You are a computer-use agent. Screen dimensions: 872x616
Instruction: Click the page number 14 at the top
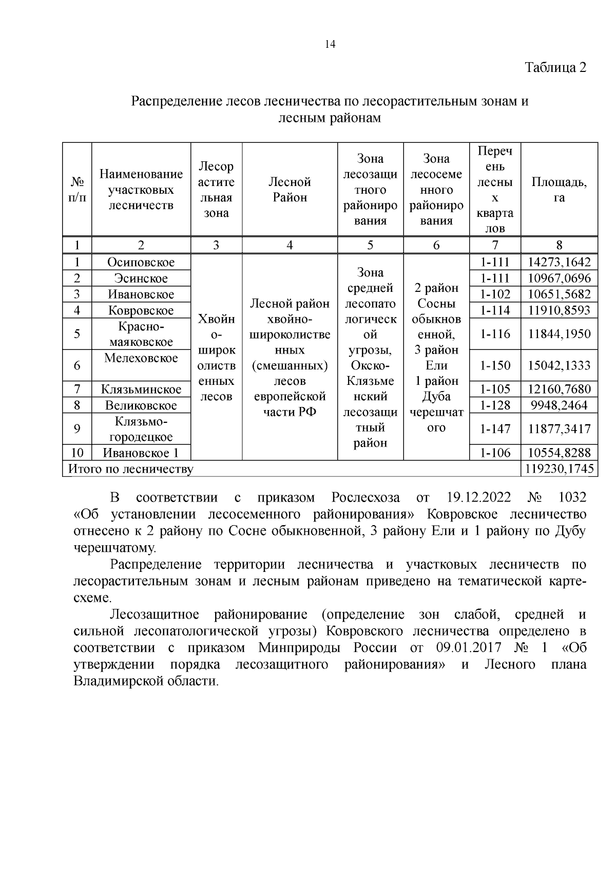[x=330, y=45]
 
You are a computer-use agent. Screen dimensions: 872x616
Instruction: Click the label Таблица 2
[x=555, y=68]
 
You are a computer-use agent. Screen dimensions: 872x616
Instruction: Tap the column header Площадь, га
[x=559, y=190]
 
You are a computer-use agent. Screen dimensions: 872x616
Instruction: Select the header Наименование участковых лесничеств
[x=141, y=190]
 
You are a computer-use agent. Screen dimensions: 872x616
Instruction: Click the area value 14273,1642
[x=559, y=263]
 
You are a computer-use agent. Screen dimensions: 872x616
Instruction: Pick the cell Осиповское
[x=141, y=263]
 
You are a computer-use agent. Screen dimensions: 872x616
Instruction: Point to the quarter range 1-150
[x=495, y=366]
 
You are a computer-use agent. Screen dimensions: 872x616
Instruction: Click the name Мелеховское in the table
[x=141, y=358]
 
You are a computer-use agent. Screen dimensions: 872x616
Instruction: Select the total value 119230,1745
[x=559, y=469]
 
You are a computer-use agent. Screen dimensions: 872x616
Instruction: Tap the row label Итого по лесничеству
[x=131, y=469]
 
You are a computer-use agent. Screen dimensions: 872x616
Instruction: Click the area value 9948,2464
[x=559, y=405]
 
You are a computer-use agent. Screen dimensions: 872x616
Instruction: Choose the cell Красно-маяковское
[x=141, y=334]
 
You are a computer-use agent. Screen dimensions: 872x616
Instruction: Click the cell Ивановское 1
[x=141, y=453]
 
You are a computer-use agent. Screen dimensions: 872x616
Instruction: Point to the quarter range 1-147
[x=495, y=429]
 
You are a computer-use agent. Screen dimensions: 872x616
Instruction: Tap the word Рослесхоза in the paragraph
[x=365, y=498]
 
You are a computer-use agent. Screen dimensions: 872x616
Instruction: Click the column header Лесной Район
[x=290, y=190]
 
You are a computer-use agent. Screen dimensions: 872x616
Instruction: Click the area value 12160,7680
[x=559, y=389]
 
